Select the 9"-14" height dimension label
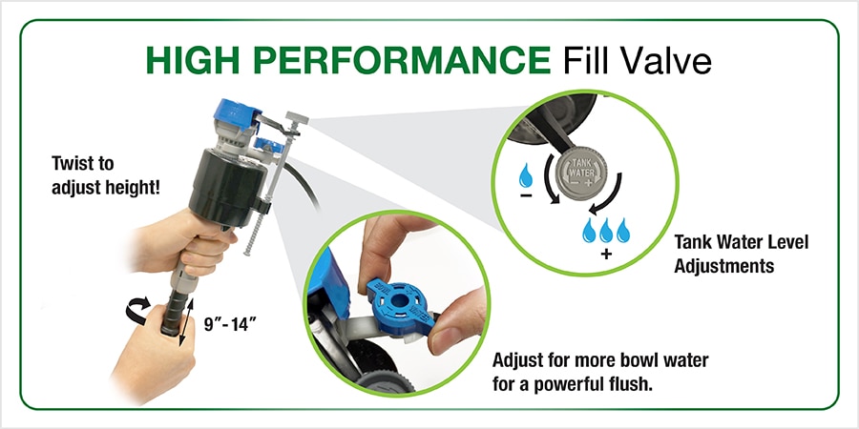[x=231, y=324]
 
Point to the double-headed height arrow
[x=187, y=323]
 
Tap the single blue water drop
[x=526, y=176]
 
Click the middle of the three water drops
[x=606, y=231]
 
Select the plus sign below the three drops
[x=606, y=254]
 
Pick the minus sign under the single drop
[x=526, y=195]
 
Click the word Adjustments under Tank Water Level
[x=723, y=266]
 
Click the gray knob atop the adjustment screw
[x=297, y=118]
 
